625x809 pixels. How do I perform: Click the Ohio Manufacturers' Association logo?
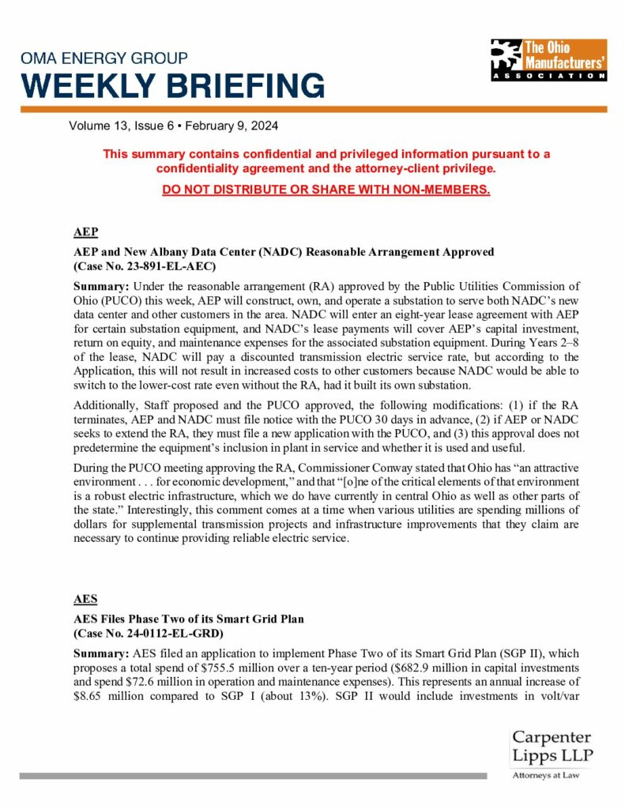click(x=548, y=59)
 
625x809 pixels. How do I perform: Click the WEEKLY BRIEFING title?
click(x=172, y=85)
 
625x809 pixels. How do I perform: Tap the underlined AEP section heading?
click(x=85, y=232)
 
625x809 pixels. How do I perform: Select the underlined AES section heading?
click(x=85, y=599)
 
